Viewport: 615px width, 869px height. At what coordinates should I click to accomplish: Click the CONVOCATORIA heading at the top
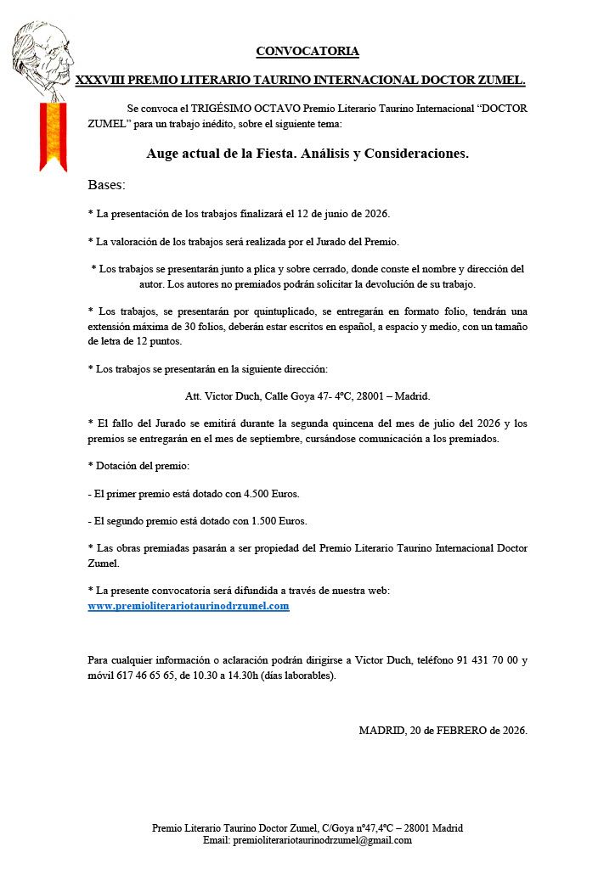point(307,52)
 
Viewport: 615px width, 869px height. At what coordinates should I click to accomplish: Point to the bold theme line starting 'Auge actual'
point(307,154)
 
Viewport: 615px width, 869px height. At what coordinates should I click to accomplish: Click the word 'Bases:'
point(106,184)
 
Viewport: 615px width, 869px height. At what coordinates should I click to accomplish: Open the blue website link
point(189,606)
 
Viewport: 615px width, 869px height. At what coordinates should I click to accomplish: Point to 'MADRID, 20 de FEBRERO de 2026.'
point(443,730)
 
